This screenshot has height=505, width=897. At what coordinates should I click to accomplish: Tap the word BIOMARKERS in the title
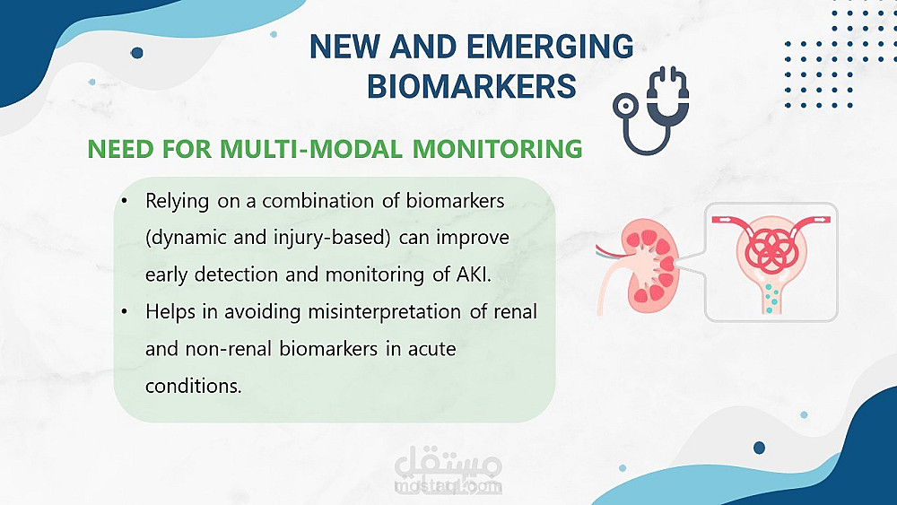472,87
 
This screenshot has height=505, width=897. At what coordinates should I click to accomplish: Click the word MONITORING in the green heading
497,149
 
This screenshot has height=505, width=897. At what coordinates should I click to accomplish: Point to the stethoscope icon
651,110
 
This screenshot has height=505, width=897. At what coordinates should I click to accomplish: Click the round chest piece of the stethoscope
625,106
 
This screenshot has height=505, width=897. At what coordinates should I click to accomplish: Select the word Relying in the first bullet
177,202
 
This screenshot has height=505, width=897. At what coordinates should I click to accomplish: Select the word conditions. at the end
194,386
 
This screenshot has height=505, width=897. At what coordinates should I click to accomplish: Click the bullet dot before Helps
124,312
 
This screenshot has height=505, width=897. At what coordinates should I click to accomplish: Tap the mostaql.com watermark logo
448,467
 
